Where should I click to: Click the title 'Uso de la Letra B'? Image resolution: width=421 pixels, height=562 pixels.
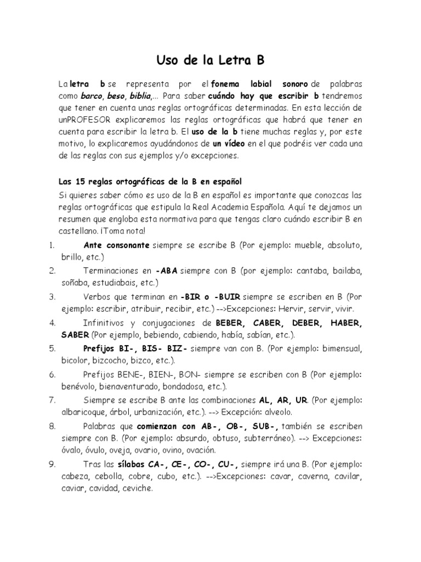point(210,59)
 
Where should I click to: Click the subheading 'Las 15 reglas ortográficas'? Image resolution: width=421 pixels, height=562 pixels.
point(150,181)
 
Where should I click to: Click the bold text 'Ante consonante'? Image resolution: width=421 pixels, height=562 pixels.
point(116,244)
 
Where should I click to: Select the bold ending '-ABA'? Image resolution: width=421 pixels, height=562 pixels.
point(167,271)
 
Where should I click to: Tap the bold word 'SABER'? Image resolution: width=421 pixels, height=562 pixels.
point(75,334)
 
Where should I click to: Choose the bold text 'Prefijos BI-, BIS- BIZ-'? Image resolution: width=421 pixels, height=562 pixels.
point(136,348)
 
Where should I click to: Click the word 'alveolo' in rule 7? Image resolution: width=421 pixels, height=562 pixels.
point(278,412)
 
